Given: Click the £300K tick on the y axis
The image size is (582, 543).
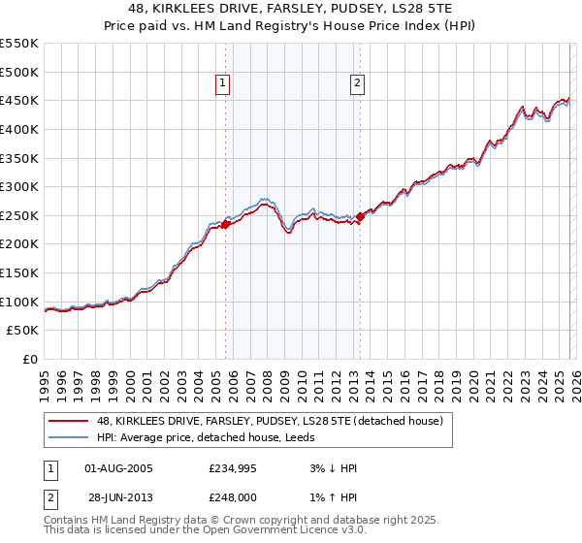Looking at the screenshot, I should point(19,186).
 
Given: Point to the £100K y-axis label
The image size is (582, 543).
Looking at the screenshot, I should point(19,302).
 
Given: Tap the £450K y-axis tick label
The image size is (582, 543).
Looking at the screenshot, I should point(19,100).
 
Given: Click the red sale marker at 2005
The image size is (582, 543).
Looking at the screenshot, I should point(225,224).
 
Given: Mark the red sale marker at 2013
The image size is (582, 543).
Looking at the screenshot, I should point(360,216).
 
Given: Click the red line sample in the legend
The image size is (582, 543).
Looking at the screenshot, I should point(69,421).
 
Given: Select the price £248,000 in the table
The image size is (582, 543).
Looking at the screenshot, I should point(237,497).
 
